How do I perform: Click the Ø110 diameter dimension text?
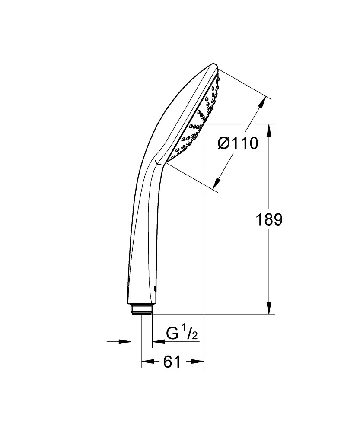pyautogui.click(x=237, y=143)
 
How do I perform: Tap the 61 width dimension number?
pyautogui.click(x=172, y=362)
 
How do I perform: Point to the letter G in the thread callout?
pyautogui.click(x=172, y=334)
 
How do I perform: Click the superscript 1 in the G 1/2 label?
pyautogui.click(x=184, y=330)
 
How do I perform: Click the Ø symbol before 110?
pyautogui.click(x=223, y=143)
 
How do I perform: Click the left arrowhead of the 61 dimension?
pyautogui.click(x=147, y=362)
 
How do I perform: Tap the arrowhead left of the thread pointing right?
pyautogui.click(x=127, y=342)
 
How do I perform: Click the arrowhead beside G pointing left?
pyautogui.click(x=157, y=342)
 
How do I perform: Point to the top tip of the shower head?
pyautogui.click(x=214, y=65)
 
